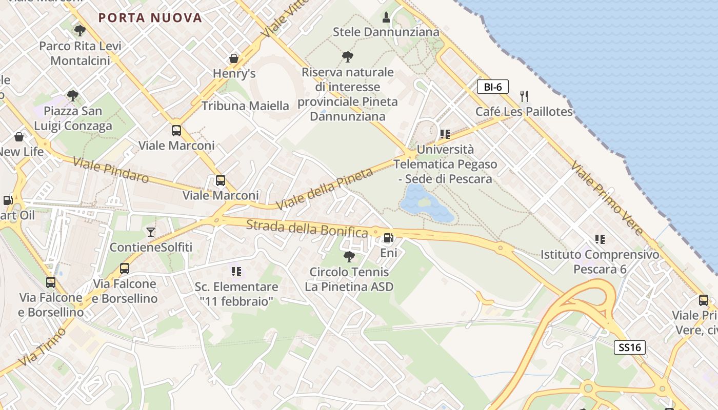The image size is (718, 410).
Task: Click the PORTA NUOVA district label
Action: (x=150, y=18)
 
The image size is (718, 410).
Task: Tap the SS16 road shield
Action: (x=629, y=347)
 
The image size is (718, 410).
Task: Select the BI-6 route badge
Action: (x=492, y=87)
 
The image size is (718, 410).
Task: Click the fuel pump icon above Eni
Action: (x=389, y=238)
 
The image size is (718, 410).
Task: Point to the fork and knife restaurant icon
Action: (x=524, y=96)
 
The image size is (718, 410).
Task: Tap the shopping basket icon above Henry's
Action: (x=234, y=58)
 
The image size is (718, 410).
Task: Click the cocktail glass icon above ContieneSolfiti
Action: (x=150, y=232)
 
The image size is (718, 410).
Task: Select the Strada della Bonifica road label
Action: (x=307, y=229)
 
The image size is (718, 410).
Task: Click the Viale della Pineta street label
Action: (x=324, y=189)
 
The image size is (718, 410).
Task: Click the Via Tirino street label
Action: (x=43, y=347)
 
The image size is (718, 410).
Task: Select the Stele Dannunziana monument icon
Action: (x=386, y=18)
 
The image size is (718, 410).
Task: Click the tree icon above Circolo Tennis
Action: (x=349, y=256)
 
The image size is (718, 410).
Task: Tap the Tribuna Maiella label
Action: (x=245, y=106)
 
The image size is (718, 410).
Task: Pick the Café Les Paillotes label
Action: (x=524, y=112)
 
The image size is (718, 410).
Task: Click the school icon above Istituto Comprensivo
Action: (x=600, y=239)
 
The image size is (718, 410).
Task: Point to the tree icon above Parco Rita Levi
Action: (x=79, y=31)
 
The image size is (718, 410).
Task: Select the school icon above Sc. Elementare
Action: (x=236, y=271)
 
